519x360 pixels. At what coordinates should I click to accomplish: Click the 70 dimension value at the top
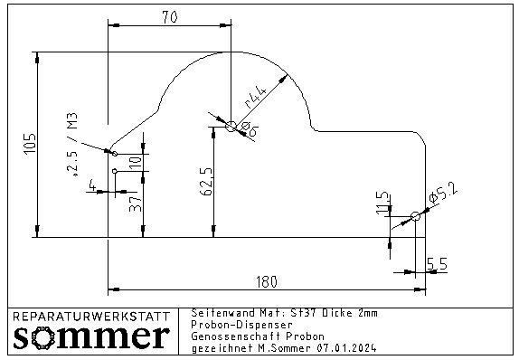click(170, 17)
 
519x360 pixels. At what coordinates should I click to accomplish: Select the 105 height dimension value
click(30, 143)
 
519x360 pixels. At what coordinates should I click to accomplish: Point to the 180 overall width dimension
click(267, 282)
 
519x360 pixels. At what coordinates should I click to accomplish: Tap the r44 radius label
click(255, 98)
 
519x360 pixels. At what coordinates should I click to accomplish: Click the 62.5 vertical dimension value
click(206, 182)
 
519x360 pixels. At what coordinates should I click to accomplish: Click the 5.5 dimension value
click(437, 264)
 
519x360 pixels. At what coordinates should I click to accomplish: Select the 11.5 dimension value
click(383, 203)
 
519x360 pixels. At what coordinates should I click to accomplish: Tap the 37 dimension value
click(136, 204)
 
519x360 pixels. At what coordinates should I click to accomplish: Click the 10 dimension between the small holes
click(136, 163)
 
